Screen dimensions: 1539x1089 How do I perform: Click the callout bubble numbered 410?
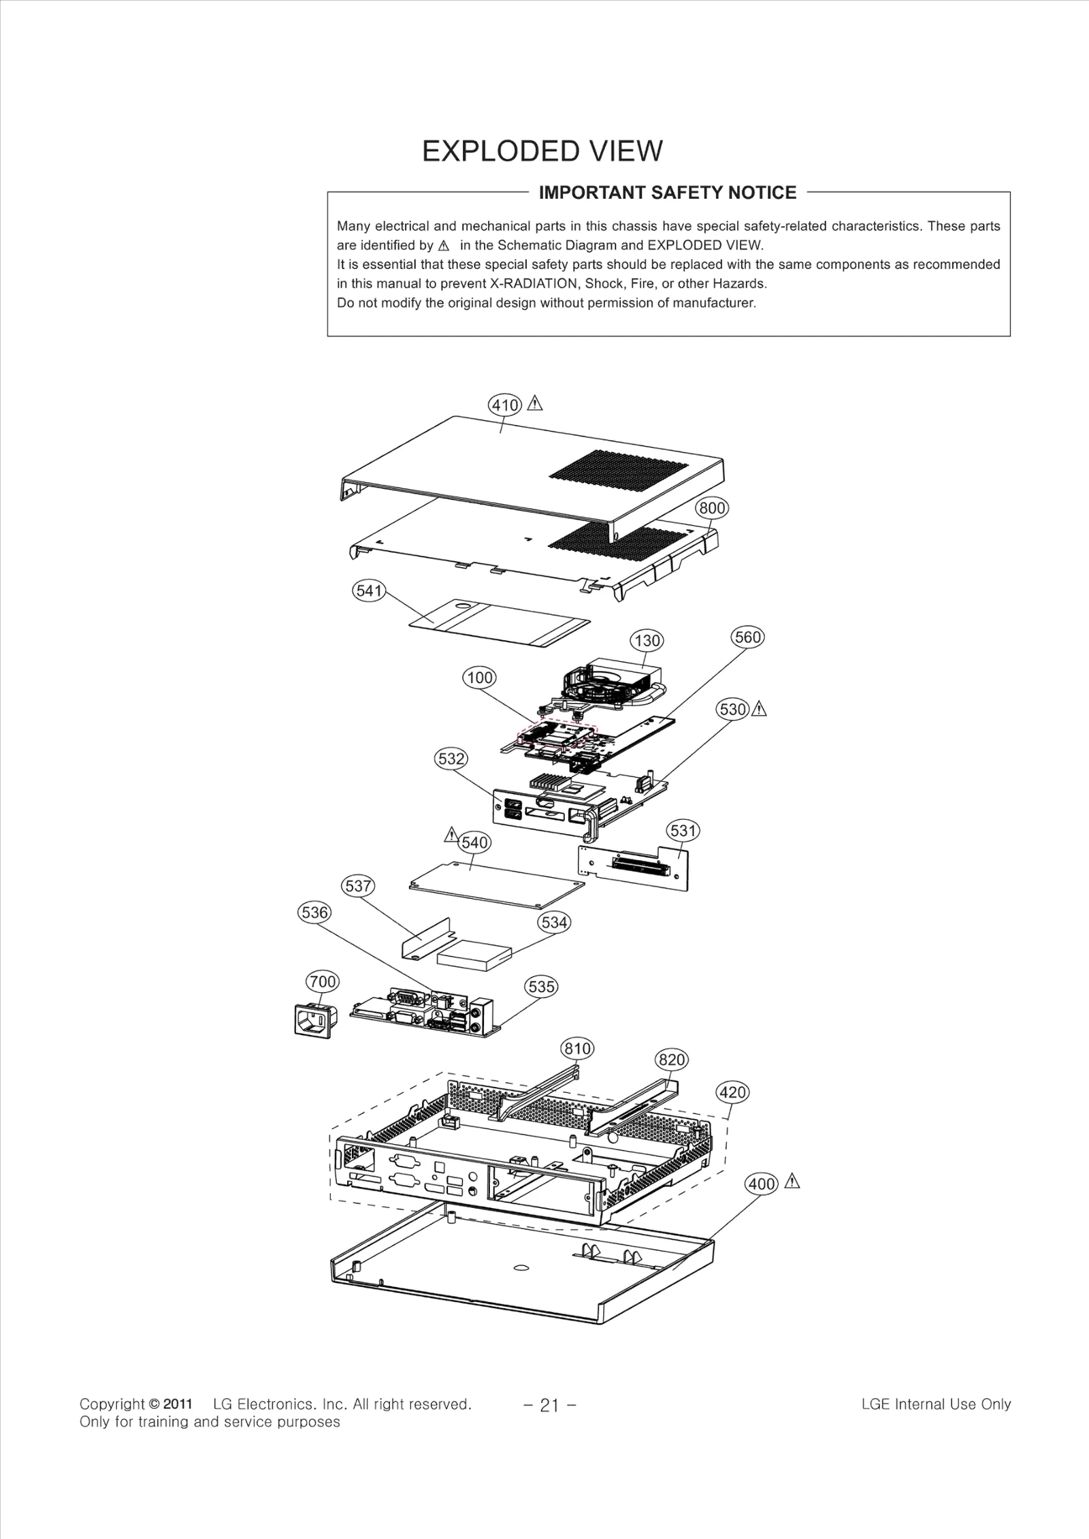coord(505,406)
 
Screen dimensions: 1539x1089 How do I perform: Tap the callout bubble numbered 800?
coord(712,508)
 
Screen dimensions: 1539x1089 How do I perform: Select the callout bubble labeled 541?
coord(369,590)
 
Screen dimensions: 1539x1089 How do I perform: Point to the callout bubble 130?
coord(647,641)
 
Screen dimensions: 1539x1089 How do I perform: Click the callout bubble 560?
coord(747,637)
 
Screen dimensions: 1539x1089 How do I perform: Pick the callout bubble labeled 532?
coord(451,759)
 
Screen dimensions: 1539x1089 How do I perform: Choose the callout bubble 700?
coord(323,981)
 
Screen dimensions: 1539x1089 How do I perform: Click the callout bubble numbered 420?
coord(732,1092)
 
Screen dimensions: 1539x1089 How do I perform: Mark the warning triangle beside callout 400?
coord(792,1182)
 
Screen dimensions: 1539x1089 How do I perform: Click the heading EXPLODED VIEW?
coord(542,151)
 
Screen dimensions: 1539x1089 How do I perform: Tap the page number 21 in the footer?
coord(549,1405)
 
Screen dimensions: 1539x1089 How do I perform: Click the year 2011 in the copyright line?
coord(178,1403)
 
